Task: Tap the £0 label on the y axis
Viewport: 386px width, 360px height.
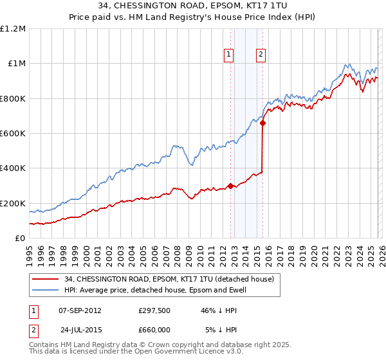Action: pos(21,239)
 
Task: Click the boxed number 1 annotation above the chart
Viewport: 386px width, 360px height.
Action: pos(230,55)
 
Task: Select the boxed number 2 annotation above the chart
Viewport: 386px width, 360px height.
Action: pos(261,55)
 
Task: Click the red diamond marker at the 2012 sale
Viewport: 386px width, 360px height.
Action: pos(230,186)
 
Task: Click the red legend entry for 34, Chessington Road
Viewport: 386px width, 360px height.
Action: pos(169,279)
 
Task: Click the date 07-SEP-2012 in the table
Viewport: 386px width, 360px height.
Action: pos(80,310)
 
